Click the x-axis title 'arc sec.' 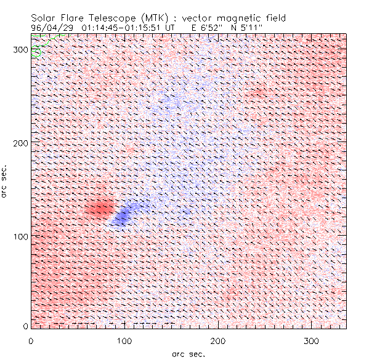pos(188,354)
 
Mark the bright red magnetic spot pos(99,209)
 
